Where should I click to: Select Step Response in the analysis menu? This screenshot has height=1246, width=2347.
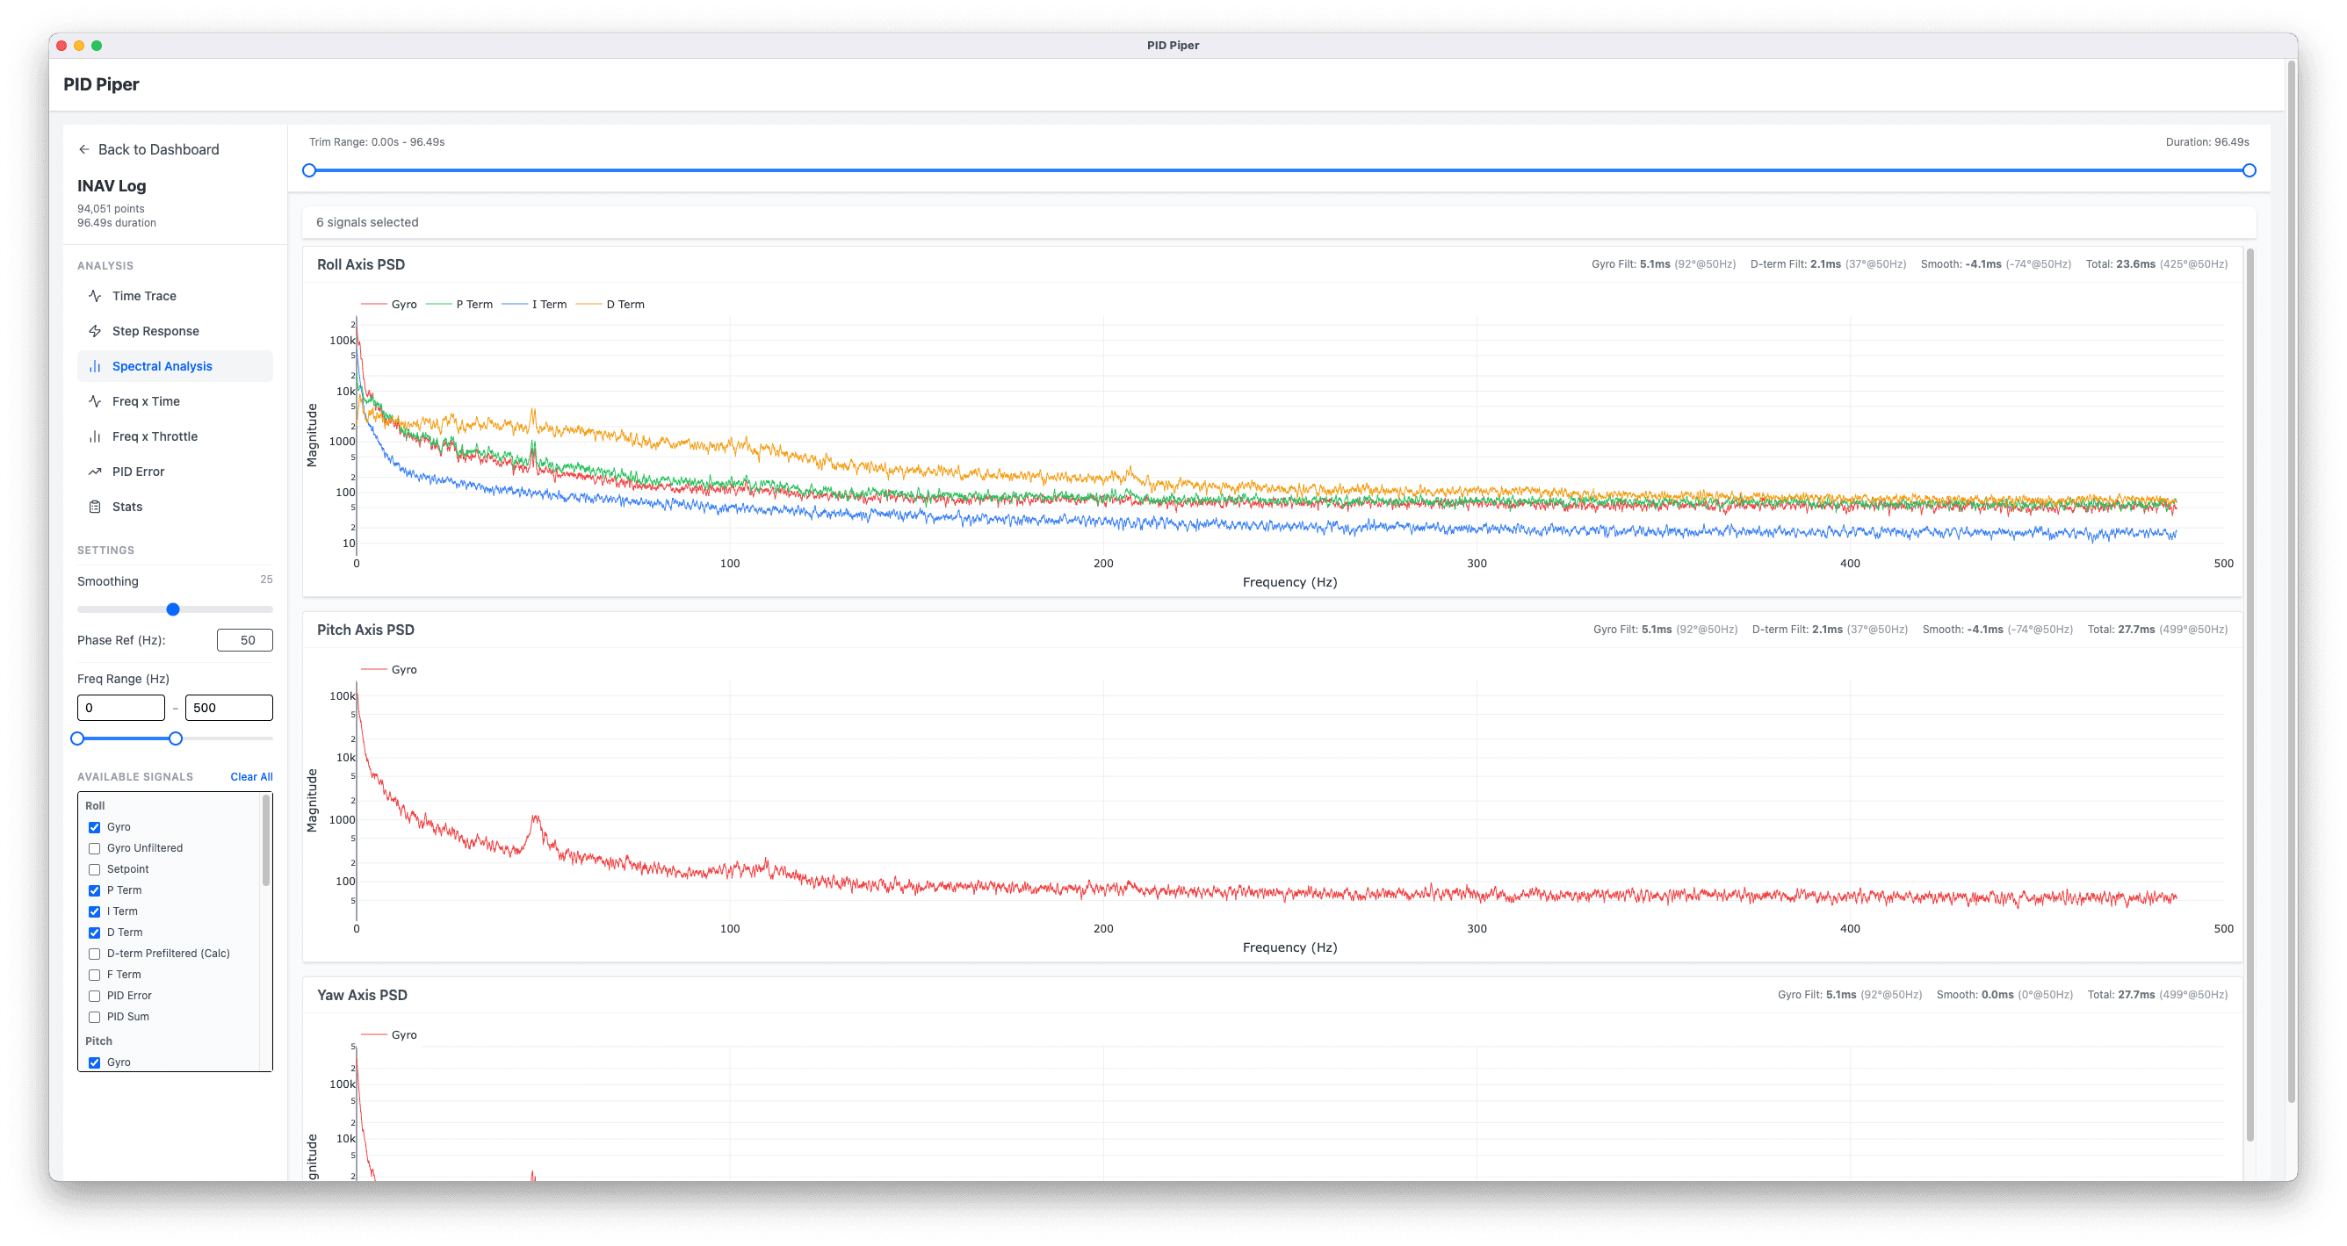tap(155, 331)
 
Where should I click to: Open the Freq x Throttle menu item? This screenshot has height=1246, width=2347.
tap(154, 436)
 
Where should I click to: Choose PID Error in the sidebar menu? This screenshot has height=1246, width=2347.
tap(138, 472)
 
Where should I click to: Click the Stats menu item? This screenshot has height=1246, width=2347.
tap(126, 507)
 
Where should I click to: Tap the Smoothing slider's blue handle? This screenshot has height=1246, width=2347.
tap(173, 609)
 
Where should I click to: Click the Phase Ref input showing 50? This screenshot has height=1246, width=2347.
tap(244, 640)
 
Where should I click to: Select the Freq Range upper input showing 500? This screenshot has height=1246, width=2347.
tap(227, 708)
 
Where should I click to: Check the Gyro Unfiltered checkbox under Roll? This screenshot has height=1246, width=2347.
tap(95, 848)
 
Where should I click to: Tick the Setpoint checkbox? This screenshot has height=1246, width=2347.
tap(95, 870)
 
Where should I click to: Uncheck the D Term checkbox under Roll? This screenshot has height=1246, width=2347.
tap(95, 933)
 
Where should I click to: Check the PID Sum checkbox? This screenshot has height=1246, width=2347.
tap(95, 1018)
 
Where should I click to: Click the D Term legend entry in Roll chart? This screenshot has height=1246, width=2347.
tap(625, 304)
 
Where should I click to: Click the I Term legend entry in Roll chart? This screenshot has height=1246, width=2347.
tap(548, 304)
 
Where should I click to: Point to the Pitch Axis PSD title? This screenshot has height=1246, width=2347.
tap(365, 630)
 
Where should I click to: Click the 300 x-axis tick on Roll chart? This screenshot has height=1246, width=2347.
tap(1476, 564)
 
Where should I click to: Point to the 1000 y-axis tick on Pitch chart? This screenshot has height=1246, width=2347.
tap(343, 820)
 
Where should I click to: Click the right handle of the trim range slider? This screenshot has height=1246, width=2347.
tap(2249, 170)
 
